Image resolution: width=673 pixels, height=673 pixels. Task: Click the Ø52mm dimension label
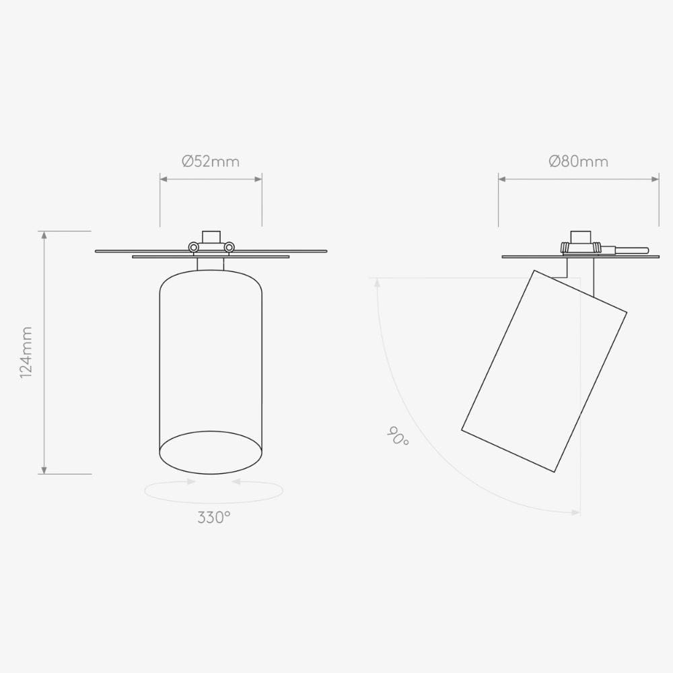pyautogui.click(x=211, y=162)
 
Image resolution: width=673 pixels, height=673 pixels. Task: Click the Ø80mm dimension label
pyautogui.click(x=578, y=162)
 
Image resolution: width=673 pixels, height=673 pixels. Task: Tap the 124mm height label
pyautogui.click(x=26, y=352)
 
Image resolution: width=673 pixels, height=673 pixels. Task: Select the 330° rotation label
pyautogui.click(x=214, y=518)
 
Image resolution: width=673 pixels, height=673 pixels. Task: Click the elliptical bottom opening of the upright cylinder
pyautogui.click(x=211, y=452)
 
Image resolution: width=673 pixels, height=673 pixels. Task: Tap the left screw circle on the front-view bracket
pyautogui.click(x=194, y=248)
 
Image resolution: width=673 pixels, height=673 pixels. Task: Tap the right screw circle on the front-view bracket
pyautogui.click(x=229, y=248)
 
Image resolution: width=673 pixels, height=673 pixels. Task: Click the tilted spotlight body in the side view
pyautogui.click(x=544, y=371)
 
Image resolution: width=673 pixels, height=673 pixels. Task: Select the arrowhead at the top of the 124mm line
pyautogui.click(x=44, y=235)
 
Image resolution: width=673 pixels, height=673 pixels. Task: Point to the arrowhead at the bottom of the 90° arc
pyautogui.click(x=575, y=513)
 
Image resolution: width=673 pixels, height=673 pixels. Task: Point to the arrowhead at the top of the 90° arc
pyautogui.click(x=378, y=283)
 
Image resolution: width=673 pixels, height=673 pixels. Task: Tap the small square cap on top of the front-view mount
pyautogui.click(x=211, y=236)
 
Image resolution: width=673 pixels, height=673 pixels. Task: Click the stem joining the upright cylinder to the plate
pyautogui.click(x=211, y=264)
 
